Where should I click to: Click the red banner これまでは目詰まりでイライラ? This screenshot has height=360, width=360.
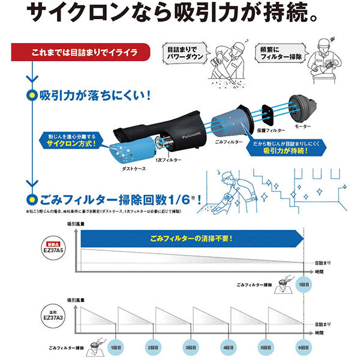(83, 53)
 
